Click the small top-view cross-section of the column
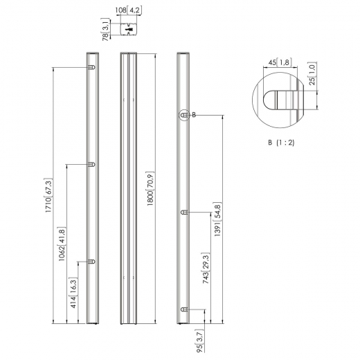pyautogui.click(x=129, y=29)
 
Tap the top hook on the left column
pyautogui.click(x=91, y=67)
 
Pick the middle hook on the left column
pyautogui.click(x=91, y=165)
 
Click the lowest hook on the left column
pyautogui.click(x=91, y=262)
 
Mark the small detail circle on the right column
pyautogui.click(x=184, y=116)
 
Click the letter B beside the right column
pyautogui.click(x=194, y=115)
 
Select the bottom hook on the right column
pyautogui.click(x=184, y=309)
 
